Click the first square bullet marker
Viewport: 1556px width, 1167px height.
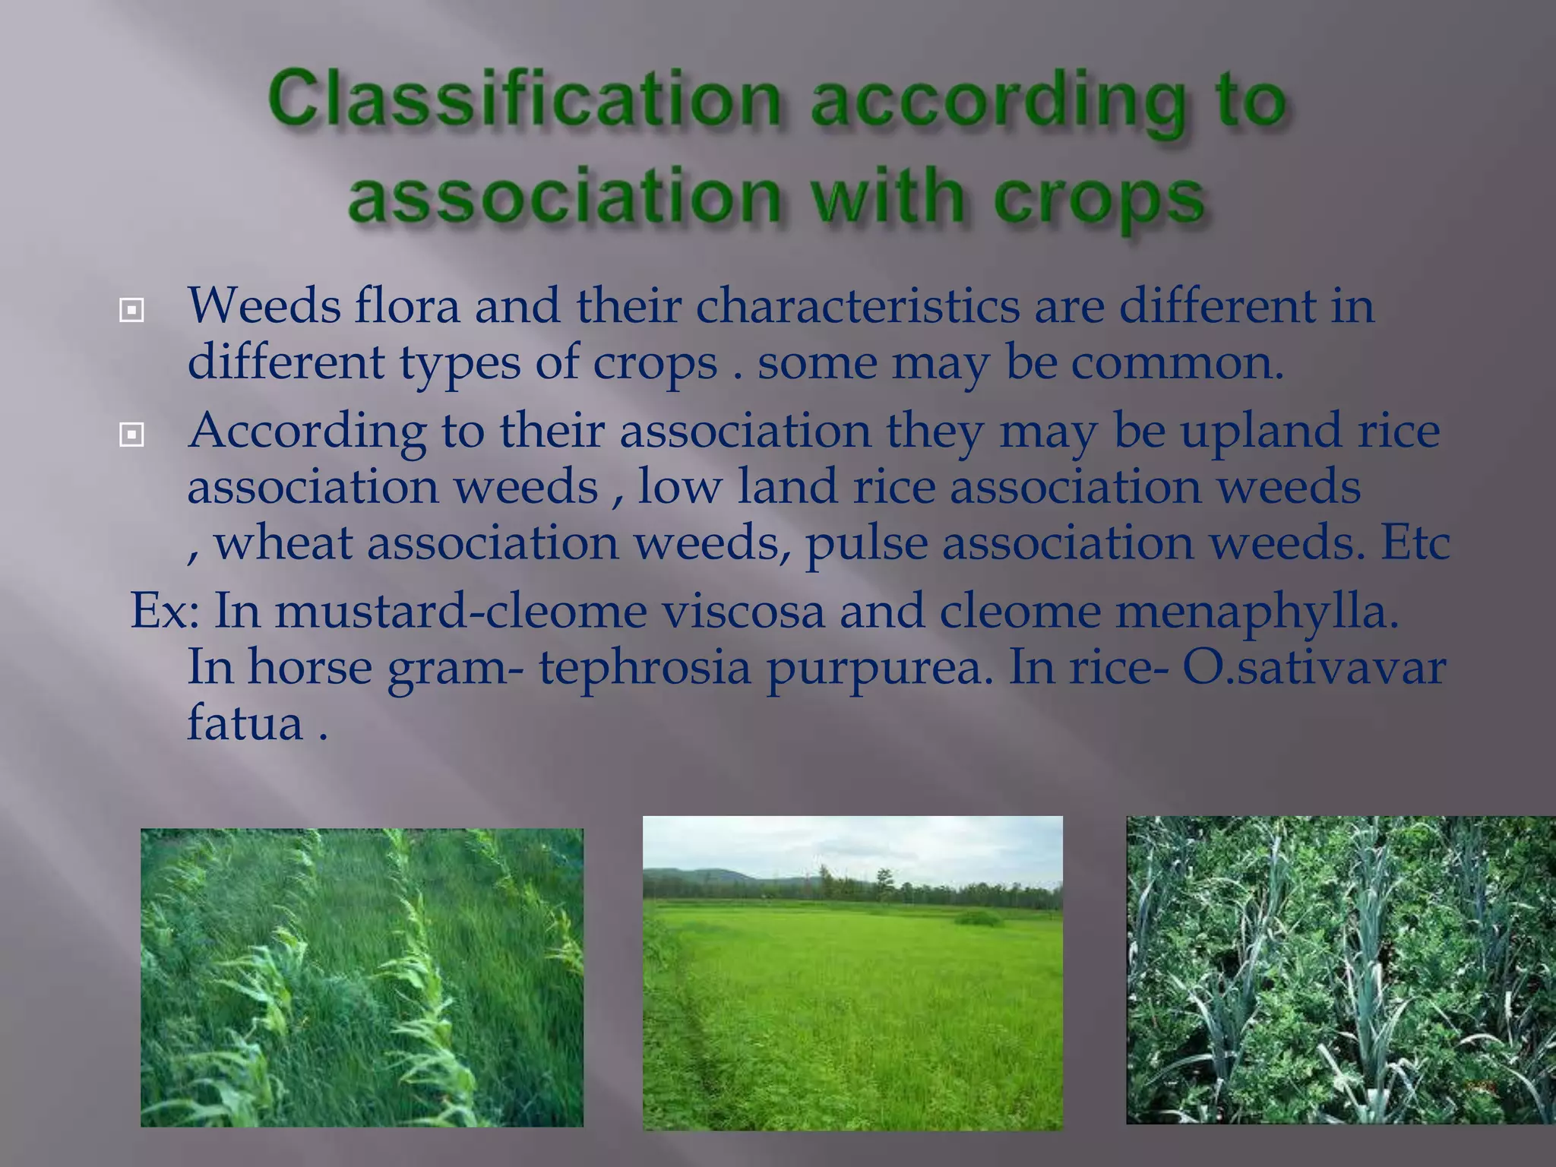[x=131, y=310]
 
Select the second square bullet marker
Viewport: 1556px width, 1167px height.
[x=131, y=435]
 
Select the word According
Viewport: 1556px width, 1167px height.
[x=307, y=432]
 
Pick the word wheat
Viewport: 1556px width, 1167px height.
[x=283, y=543]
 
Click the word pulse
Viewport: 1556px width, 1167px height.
[x=866, y=543]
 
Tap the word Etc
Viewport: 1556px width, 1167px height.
[x=1415, y=543]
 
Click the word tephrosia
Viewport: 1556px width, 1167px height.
[x=644, y=666]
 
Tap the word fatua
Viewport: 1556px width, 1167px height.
[x=245, y=723]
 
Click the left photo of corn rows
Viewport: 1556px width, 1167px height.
[x=362, y=977]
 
